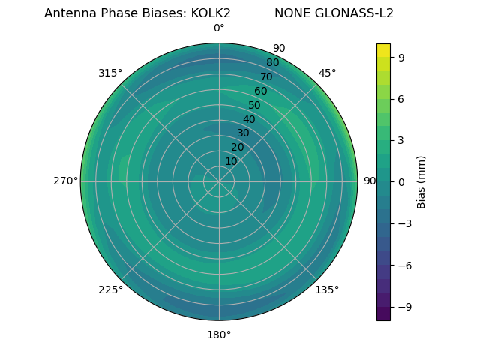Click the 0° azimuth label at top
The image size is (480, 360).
pyautogui.click(x=219, y=28)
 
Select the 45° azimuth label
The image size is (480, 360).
pyautogui.click(x=327, y=73)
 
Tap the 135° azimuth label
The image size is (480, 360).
pyautogui.click(x=327, y=289)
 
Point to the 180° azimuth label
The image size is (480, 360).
pyautogui.click(x=219, y=334)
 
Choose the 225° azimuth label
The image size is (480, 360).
pyautogui.click(x=110, y=289)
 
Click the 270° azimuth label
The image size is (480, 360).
pyautogui.click(x=65, y=181)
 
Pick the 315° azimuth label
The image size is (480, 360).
pyautogui.click(x=110, y=73)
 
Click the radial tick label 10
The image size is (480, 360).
pyautogui.click(x=231, y=161)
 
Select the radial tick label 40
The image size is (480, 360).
pyautogui.click(x=249, y=119)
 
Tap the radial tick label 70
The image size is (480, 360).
pyautogui.click(x=267, y=76)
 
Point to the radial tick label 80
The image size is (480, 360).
pyautogui.click(x=273, y=62)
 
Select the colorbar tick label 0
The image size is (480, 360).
pyautogui.click(x=402, y=181)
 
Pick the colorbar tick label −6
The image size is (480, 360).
pyautogui.click(x=402, y=265)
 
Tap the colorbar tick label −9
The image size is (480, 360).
pyautogui.click(x=402, y=307)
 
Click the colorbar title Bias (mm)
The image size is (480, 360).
pyautogui.click(x=421, y=181)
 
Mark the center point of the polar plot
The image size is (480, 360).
pyautogui.click(x=219, y=181)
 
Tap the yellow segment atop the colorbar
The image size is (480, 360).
pyautogui.click(x=383, y=50)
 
